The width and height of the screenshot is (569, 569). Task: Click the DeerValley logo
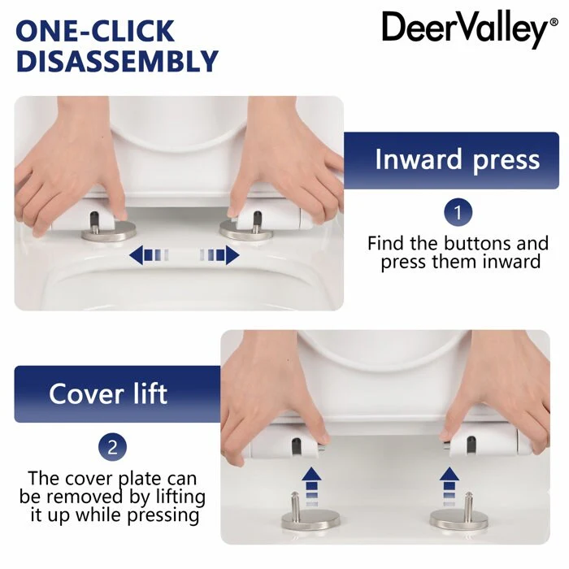tap(470, 29)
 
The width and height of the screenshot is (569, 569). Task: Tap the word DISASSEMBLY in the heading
tap(117, 61)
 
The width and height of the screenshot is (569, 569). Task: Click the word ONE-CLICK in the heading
tap(95, 31)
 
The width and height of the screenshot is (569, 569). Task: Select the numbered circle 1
tap(458, 212)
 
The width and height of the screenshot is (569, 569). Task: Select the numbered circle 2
tap(112, 447)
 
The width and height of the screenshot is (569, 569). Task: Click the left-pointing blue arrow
tap(149, 254)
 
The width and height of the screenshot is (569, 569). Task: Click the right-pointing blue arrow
tap(219, 254)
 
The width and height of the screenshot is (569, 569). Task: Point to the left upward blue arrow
tap(311, 486)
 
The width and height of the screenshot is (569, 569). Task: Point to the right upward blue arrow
tap(450, 486)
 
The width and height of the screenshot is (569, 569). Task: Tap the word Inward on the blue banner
tap(418, 159)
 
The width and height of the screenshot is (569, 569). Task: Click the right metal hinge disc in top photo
tap(246, 231)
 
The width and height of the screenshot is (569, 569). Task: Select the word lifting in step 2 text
tap(180, 497)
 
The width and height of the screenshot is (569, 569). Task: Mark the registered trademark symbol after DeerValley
tap(554, 22)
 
